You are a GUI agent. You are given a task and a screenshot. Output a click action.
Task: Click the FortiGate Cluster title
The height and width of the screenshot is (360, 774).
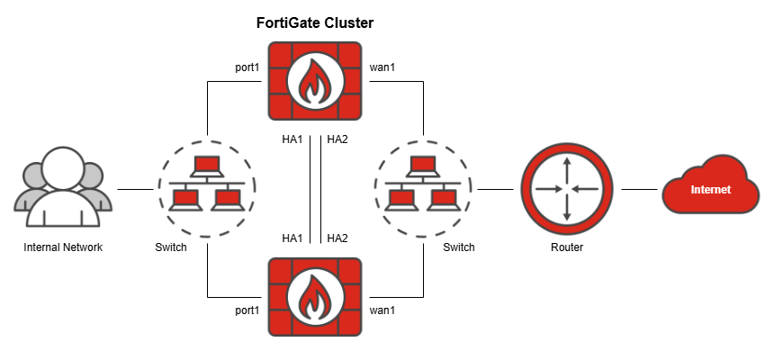coord(315,22)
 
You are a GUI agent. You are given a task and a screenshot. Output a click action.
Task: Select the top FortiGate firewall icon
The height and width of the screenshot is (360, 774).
coord(315,82)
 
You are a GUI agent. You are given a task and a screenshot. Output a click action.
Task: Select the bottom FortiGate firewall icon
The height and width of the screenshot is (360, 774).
coord(315,296)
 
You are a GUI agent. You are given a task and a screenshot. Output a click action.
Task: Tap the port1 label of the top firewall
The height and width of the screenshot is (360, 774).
coord(246,67)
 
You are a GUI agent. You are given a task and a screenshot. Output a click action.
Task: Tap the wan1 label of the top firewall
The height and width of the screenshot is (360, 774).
coord(383,67)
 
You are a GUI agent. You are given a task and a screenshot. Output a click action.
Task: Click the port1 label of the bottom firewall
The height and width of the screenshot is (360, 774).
coord(246,310)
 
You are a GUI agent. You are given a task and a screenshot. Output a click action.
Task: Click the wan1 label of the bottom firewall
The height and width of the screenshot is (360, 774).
coord(383,310)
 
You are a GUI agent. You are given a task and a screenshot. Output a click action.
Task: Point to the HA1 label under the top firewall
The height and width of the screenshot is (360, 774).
coord(292,139)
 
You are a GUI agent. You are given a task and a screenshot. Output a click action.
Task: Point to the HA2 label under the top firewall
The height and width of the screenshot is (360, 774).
coord(337,139)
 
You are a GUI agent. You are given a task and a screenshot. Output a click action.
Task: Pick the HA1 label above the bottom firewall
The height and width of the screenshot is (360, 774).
coord(292,238)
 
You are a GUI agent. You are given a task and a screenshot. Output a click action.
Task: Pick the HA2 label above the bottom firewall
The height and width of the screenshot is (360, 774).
coord(337,238)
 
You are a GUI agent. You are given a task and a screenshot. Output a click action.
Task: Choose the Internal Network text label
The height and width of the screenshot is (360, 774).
coord(63,247)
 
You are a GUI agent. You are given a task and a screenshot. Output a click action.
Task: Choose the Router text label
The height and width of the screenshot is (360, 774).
coord(566,247)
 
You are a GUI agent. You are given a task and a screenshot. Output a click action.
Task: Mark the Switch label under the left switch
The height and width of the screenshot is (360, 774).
coord(171,247)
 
